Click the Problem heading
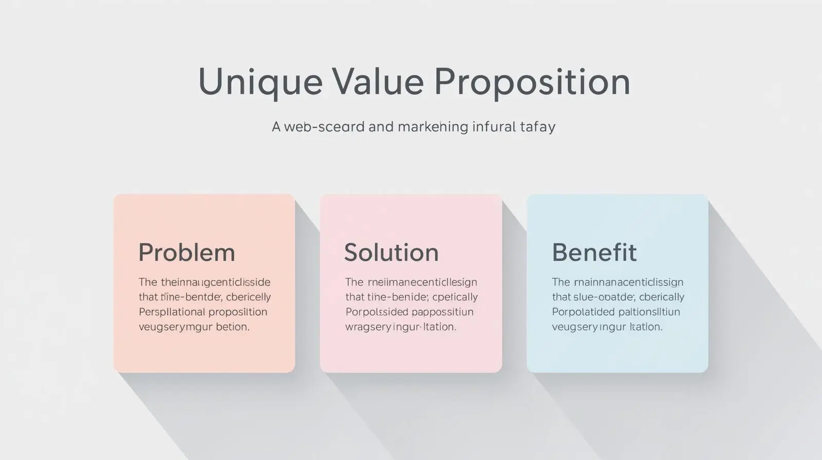pyautogui.click(x=186, y=253)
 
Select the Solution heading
pyautogui.click(x=391, y=253)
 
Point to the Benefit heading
pyautogui.click(x=594, y=253)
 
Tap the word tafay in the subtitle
pyautogui.click(x=538, y=126)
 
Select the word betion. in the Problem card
pyautogui.click(x=233, y=327)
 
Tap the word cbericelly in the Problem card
pyautogui.click(x=248, y=297)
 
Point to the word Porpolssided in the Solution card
pyautogui.click(x=377, y=312)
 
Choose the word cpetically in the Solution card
pyautogui.click(x=455, y=297)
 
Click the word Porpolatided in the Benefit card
pyautogui.click(x=583, y=312)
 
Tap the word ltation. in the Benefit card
pyautogui.click(x=646, y=327)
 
